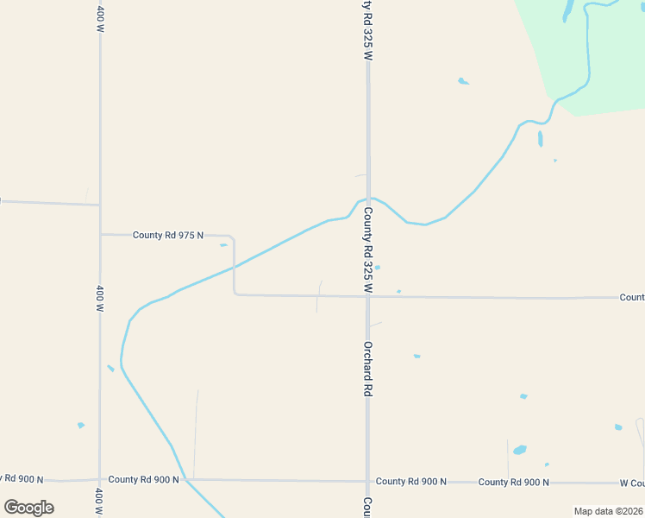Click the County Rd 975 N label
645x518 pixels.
[168, 235]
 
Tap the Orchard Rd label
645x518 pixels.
[367, 369]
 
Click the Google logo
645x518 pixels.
[28, 508]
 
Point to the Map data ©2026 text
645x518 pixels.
[609, 511]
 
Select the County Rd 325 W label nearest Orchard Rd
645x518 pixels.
[367, 250]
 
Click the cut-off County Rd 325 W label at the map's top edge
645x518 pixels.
[367, 29]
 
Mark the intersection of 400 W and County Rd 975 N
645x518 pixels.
[100, 234]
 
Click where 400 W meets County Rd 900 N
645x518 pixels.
[100, 479]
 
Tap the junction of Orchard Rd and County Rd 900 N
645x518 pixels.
[367, 481]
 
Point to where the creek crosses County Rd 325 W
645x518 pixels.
[368, 199]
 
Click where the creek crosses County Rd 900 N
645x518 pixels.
[185, 479]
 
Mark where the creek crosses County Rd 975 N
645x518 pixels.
[235, 266]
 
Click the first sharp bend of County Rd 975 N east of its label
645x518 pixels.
[233, 237]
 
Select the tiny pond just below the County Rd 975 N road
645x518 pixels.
[223, 245]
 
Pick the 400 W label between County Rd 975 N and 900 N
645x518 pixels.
[100, 298]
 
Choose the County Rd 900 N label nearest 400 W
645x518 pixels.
[143, 479]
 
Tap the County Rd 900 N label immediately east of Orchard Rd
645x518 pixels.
[410, 482]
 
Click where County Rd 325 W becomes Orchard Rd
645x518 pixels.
[367, 297]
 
